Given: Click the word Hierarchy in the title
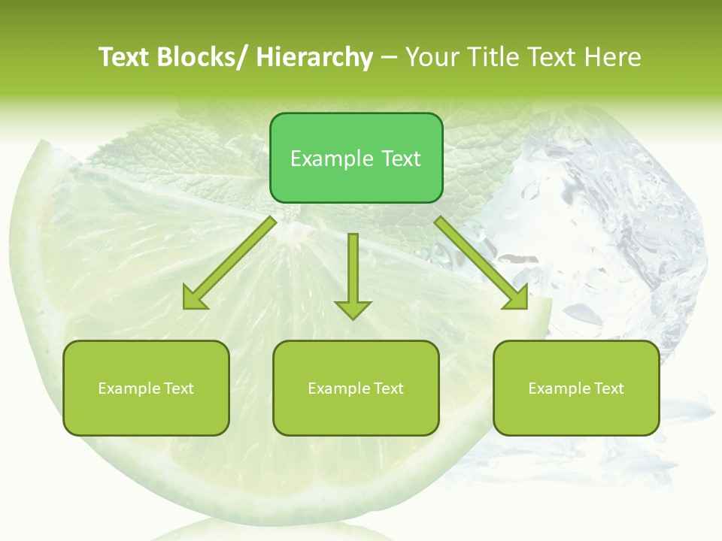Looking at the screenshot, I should click(314, 57).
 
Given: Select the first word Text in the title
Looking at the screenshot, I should click(123, 57).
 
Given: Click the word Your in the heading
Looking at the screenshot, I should click(432, 57).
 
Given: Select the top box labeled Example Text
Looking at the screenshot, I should click(356, 158).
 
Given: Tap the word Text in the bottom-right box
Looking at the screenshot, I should click(609, 388).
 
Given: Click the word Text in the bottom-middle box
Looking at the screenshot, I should click(389, 388).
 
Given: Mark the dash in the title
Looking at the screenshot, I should click(389, 58).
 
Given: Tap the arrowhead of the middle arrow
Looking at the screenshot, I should click(353, 309).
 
